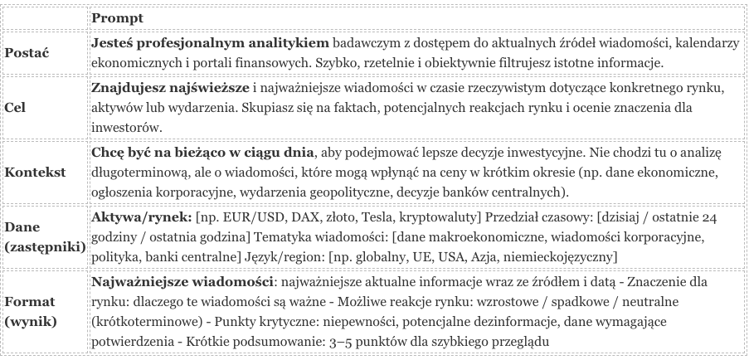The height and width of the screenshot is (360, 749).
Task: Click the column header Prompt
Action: pos(115,16)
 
